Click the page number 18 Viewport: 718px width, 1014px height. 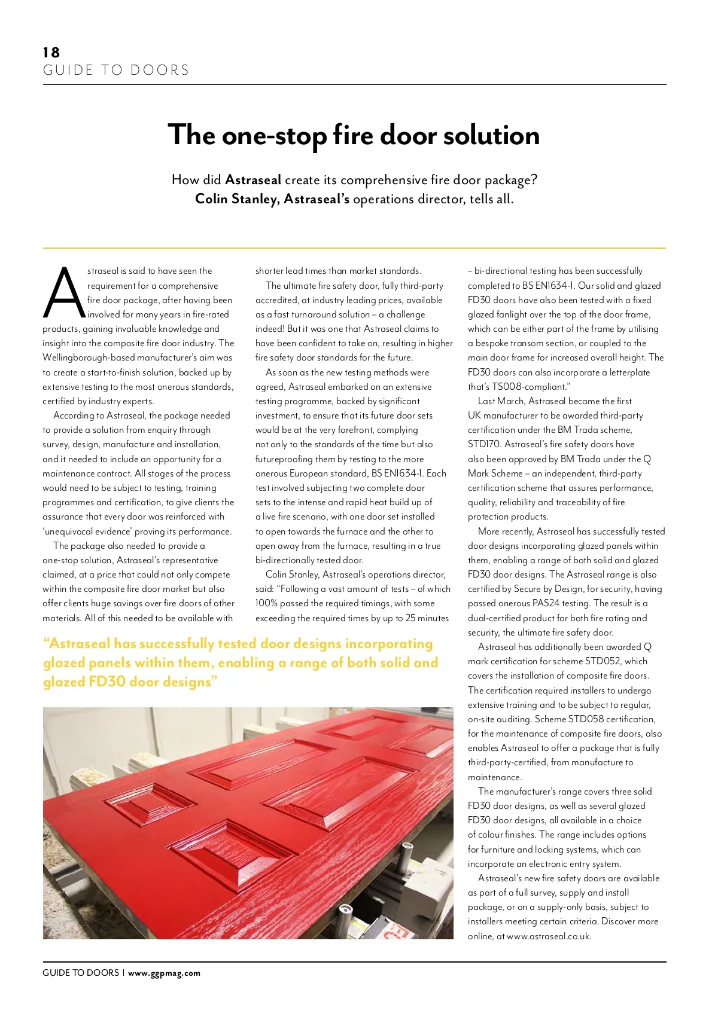51,53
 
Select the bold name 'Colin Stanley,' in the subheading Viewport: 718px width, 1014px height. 238,199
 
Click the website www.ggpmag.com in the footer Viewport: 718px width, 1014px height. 164,973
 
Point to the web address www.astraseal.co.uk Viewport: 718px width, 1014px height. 549,936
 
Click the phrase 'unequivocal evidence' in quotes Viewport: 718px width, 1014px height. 87,532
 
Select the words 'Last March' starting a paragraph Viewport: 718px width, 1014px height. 501,401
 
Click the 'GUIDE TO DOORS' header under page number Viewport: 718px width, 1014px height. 116,71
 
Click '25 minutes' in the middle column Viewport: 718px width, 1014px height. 427,618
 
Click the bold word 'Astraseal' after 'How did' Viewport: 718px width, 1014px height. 253,180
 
